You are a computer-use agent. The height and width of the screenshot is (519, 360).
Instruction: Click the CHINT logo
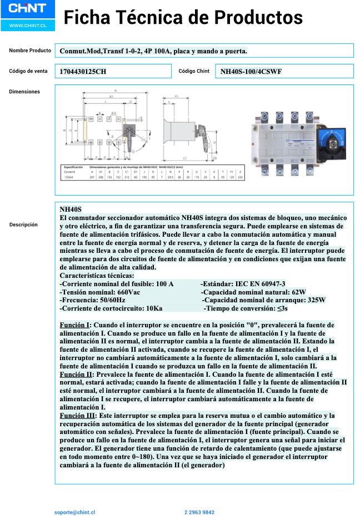24,9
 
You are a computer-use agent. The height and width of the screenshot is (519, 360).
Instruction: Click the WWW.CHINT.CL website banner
24,26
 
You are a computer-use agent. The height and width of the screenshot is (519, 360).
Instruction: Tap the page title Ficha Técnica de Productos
183,18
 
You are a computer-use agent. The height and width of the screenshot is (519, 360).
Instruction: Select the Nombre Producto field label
30,51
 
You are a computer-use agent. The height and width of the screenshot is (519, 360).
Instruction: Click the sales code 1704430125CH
83,72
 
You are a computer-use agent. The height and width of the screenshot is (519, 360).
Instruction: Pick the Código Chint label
194,71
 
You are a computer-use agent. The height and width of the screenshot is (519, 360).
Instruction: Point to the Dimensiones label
24,92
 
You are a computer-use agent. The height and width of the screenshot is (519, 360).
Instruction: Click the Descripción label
23,224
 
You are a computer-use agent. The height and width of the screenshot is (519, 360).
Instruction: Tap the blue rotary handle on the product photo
332,139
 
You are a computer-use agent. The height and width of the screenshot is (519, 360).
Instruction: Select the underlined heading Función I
75,325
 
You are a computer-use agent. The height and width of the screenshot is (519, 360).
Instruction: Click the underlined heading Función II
76,375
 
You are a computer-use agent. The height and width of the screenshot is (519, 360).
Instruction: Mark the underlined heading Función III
78,416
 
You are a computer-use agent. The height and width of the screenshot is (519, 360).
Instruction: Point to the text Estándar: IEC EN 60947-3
243,284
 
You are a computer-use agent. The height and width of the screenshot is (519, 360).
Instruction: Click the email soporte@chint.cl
75,512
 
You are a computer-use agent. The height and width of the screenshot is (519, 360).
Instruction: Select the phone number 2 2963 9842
199,512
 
